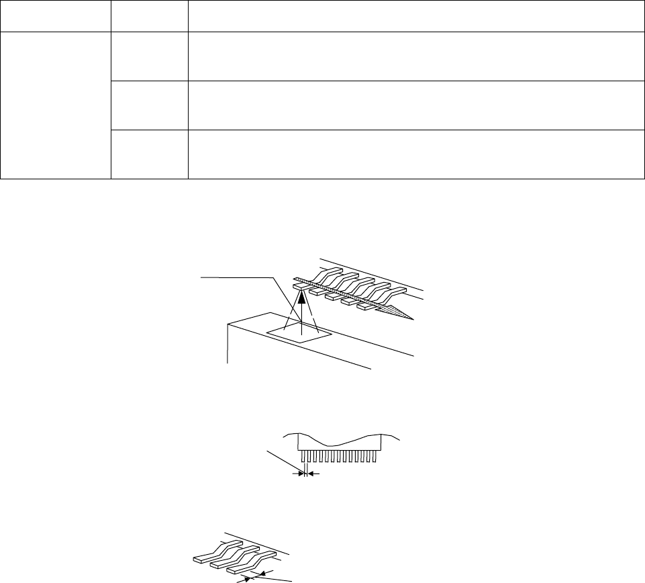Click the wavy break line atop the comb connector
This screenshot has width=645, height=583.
point(342,441)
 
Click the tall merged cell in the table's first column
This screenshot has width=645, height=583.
point(55,105)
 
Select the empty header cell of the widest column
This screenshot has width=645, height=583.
point(412,15)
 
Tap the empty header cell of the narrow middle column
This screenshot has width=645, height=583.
point(149,15)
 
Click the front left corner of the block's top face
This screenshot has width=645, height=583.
point(229,324)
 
